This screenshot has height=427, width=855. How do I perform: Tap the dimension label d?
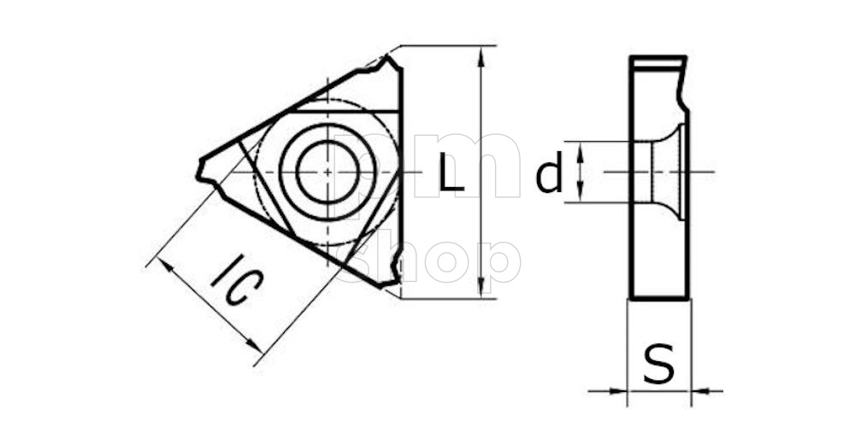tap(549, 175)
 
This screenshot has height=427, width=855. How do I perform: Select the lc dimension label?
tap(233, 283)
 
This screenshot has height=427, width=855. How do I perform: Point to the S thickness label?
tap(658, 365)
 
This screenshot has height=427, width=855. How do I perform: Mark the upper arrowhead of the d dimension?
tap(581, 149)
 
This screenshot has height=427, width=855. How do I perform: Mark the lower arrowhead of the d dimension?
tap(581, 194)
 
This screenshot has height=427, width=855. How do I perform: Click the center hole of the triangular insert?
tap(329, 171)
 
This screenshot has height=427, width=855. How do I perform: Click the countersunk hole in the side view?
tap(663, 172)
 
